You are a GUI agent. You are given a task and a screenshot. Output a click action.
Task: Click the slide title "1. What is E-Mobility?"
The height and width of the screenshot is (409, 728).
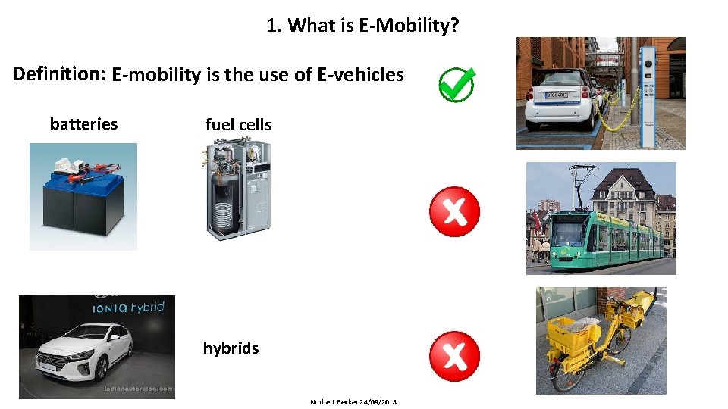pyautogui.click(x=362, y=26)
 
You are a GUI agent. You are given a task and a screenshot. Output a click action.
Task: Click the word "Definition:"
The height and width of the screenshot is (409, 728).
pyautogui.click(x=58, y=73)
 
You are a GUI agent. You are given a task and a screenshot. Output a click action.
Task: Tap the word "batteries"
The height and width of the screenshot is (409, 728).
pyautogui.click(x=83, y=123)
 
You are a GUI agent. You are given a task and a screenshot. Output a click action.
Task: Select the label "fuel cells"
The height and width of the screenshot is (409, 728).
pyautogui.click(x=238, y=125)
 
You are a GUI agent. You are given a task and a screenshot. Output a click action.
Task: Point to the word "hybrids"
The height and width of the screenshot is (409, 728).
pyautogui.click(x=231, y=348)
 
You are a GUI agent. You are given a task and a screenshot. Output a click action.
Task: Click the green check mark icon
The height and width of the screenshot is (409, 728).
pyautogui.click(x=457, y=85)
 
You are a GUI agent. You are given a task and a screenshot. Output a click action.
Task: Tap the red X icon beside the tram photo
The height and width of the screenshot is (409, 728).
pyautogui.click(x=454, y=211)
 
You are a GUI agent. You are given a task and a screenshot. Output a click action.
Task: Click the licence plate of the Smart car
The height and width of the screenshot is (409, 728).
pyautogui.click(x=559, y=95)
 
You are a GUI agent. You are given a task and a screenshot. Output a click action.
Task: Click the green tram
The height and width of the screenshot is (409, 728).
pyautogui.click(x=607, y=239)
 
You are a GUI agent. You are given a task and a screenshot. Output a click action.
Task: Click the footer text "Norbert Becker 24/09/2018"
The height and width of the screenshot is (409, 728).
pyautogui.click(x=353, y=401)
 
